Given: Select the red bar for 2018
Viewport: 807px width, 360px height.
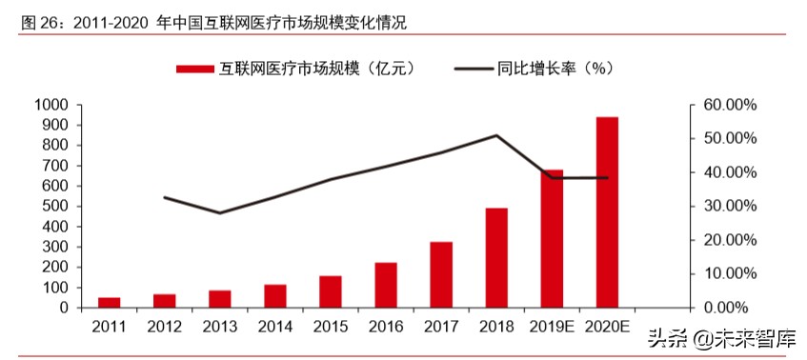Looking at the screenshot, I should tap(496, 258).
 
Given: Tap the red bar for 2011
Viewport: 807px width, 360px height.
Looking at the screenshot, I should tap(110, 303).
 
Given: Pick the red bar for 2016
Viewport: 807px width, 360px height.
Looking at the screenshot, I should tap(386, 285).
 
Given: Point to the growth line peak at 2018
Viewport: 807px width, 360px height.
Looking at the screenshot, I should tap(496, 135).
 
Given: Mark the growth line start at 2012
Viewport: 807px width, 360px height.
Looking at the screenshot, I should tap(165, 197).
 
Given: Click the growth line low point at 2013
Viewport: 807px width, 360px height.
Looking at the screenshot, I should tap(220, 213).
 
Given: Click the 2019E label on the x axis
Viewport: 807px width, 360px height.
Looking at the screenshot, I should tap(552, 327).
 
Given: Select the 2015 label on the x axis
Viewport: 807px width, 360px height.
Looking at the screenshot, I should tap(331, 327).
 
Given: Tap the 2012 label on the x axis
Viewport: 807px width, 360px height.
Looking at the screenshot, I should tap(165, 327).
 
